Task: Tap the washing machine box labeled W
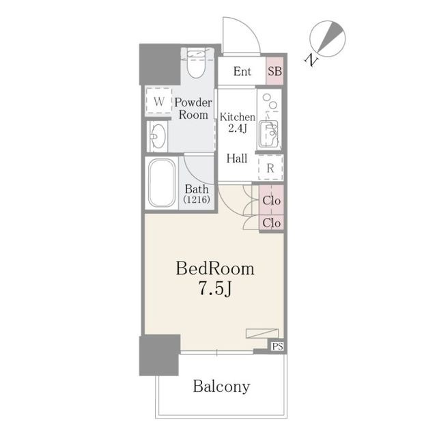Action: point(159,101)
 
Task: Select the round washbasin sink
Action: point(158,137)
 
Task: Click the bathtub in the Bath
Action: point(162,183)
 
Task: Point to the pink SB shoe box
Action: point(274,71)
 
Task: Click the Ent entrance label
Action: point(242,72)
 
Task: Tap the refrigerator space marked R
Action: point(270,168)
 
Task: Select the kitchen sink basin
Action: point(269,134)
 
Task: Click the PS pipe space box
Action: point(278,346)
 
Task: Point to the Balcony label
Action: point(221,387)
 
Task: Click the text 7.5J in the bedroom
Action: point(215,288)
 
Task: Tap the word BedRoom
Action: point(215,269)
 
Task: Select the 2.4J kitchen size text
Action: point(238,128)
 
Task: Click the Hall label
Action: point(237,158)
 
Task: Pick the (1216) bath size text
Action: point(197,199)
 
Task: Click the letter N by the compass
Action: point(311,60)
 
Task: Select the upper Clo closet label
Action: point(272,200)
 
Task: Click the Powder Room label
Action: point(193,109)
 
